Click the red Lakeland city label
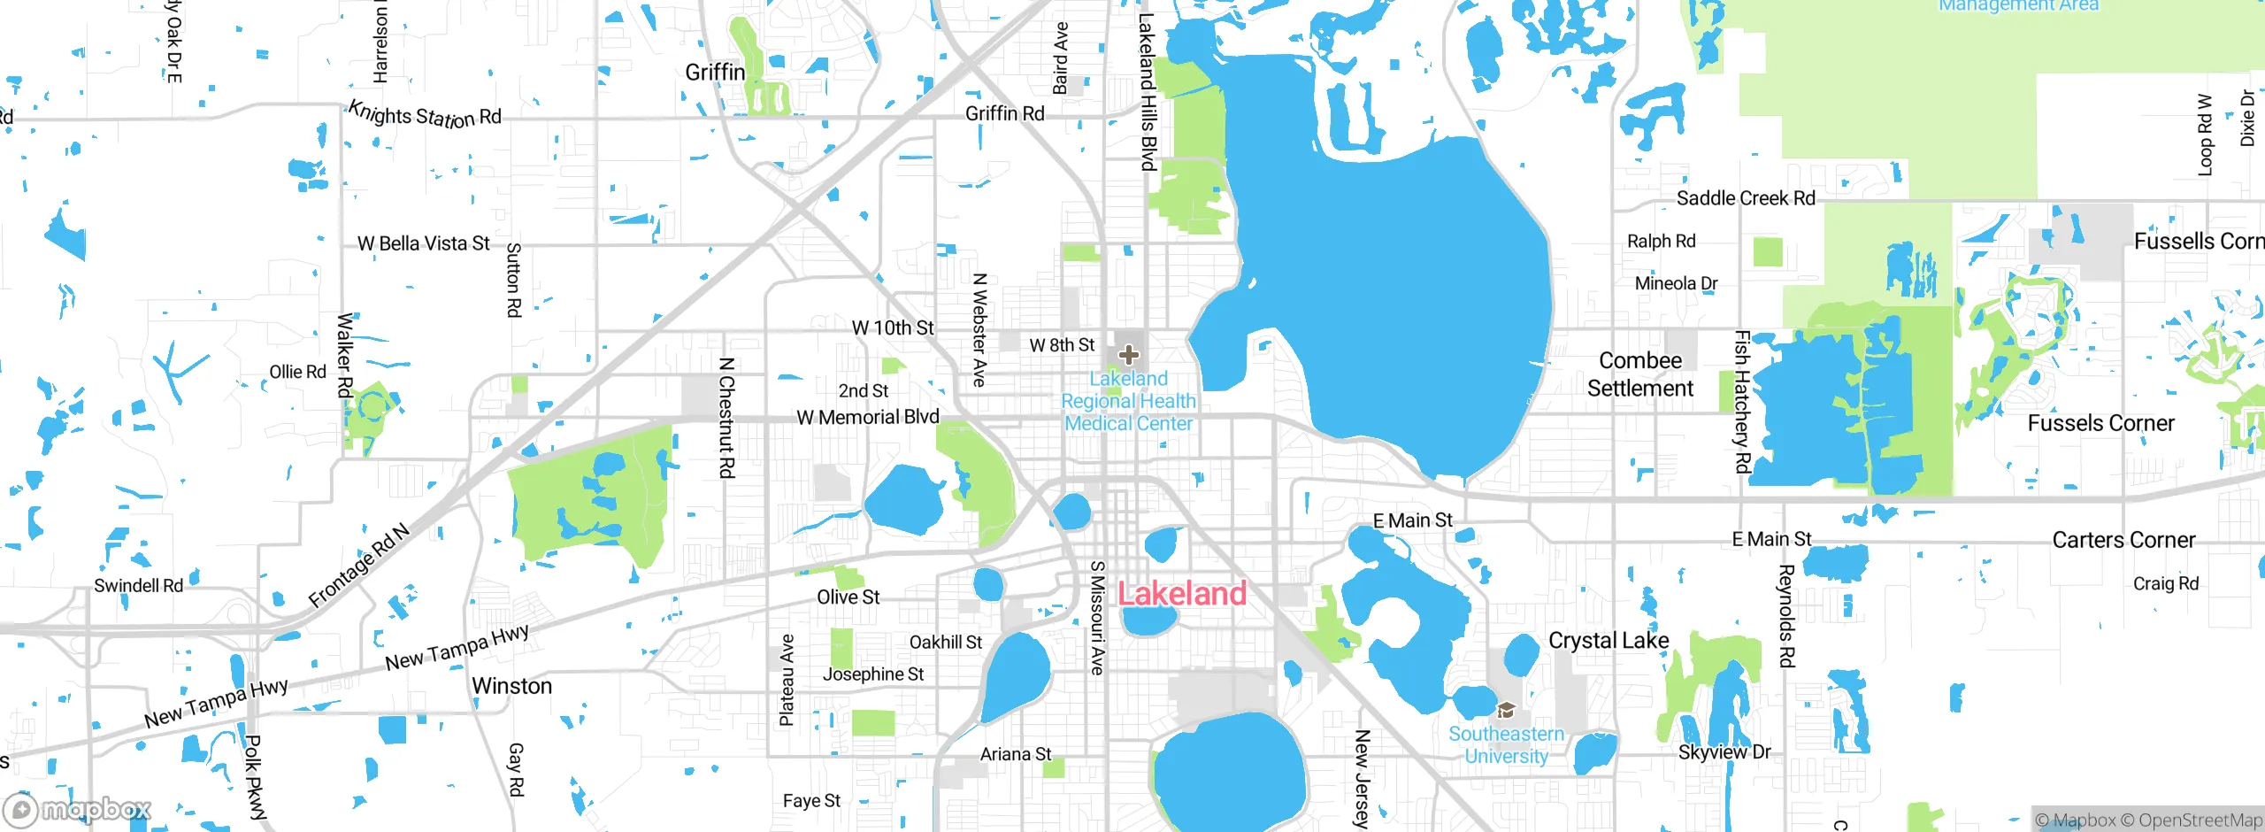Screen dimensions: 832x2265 tap(1182, 593)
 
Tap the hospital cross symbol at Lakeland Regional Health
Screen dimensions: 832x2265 tap(1128, 355)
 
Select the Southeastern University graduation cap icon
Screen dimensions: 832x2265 tap(1506, 710)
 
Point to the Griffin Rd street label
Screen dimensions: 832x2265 tap(1004, 113)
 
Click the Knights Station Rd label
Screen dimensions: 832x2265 tap(425, 115)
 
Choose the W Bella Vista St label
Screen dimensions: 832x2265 tap(423, 243)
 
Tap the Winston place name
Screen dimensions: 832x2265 tap(511, 686)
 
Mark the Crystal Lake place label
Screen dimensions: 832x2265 tap(1609, 641)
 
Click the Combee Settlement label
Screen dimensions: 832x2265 tap(1639, 374)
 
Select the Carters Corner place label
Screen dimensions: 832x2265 tap(2123, 540)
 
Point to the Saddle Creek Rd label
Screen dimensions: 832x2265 tap(1746, 198)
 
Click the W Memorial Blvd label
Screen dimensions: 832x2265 tap(868, 417)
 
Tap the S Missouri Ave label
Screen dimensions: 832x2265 tap(1097, 618)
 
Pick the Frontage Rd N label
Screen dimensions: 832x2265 tap(359, 566)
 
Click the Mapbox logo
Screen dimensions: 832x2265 tap(78, 809)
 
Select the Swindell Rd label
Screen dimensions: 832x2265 tap(138, 585)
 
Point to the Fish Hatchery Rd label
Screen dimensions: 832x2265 tap(1742, 401)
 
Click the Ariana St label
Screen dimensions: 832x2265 tap(1016, 754)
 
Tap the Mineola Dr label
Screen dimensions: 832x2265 tap(1676, 283)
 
